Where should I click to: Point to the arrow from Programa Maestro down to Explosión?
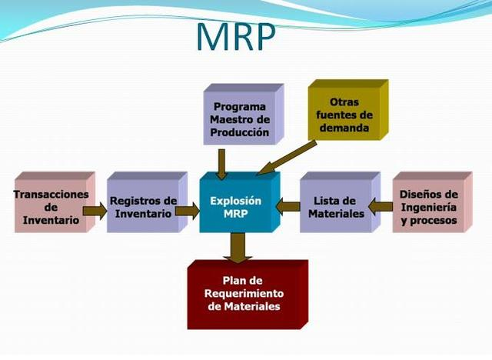222,163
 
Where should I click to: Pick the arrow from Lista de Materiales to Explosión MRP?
288,205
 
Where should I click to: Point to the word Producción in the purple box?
241,132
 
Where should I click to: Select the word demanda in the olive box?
343,128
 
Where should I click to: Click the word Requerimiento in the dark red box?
243,294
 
